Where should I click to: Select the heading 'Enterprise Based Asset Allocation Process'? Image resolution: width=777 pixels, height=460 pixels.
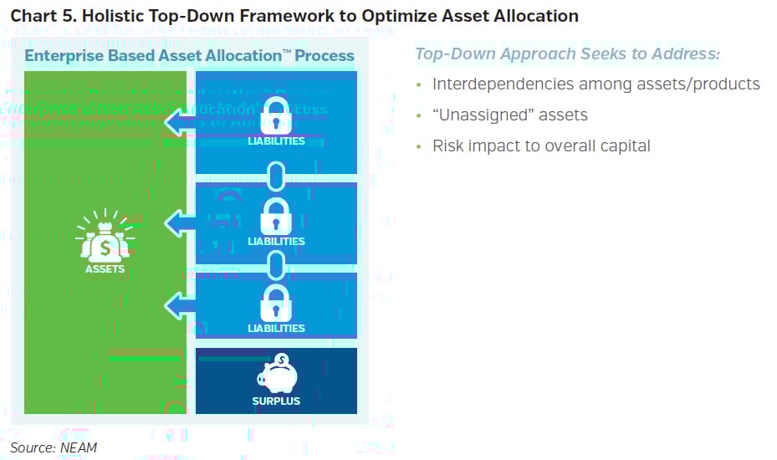coord(189,56)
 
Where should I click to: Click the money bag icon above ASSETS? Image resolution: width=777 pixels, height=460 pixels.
coord(105,238)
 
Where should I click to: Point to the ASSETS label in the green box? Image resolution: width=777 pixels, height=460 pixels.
coord(105,269)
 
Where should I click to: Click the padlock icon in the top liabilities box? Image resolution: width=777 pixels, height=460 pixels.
coord(276,115)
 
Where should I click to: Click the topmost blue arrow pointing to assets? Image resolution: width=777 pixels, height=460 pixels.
coord(180,123)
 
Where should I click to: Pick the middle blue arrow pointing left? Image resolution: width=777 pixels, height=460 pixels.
coord(180,223)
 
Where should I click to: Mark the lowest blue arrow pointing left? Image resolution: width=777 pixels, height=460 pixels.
coord(180,306)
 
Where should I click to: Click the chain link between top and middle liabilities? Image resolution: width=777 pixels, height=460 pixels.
coord(276,176)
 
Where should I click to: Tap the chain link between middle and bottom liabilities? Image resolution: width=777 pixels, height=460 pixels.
coord(276,267)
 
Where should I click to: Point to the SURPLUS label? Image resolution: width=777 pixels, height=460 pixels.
coord(276,401)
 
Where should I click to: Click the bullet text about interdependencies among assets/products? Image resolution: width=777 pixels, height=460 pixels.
coord(596,84)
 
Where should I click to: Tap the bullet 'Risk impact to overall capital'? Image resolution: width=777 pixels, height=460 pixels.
coord(540,146)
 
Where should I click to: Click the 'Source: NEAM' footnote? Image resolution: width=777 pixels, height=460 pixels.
coord(54,447)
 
